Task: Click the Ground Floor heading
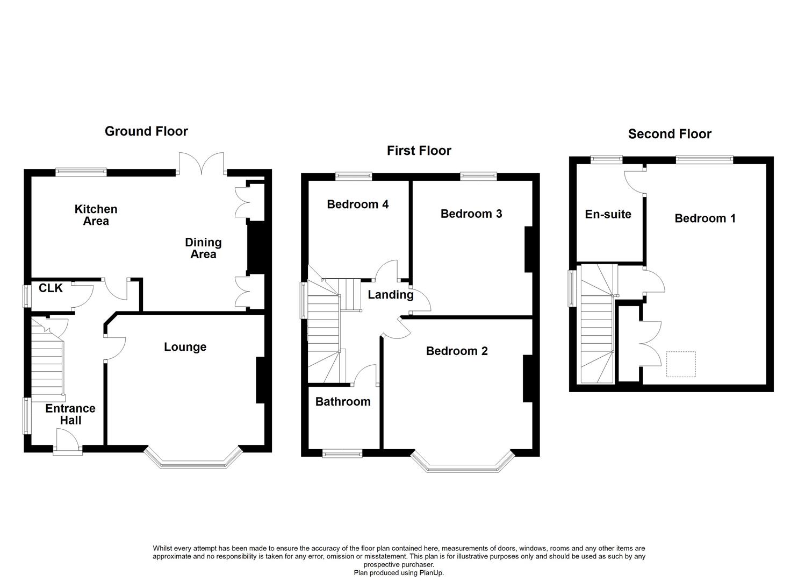[x=146, y=131]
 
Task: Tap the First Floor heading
[x=419, y=151]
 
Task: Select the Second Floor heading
[x=670, y=134]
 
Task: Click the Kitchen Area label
[x=96, y=215]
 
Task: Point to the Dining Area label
[x=203, y=248]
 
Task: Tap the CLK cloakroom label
[x=51, y=288]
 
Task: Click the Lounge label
[x=185, y=347]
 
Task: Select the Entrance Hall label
[x=70, y=414]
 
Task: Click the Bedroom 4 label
[x=357, y=204]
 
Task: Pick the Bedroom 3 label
[x=471, y=214]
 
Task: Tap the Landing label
[x=390, y=295]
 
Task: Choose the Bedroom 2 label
[x=457, y=351]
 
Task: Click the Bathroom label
[x=343, y=402]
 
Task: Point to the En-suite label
[x=608, y=214]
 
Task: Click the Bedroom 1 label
[x=705, y=218]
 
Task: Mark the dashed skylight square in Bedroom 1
[x=681, y=364]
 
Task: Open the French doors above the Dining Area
[x=202, y=164]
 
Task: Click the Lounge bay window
[x=192, y=462]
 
